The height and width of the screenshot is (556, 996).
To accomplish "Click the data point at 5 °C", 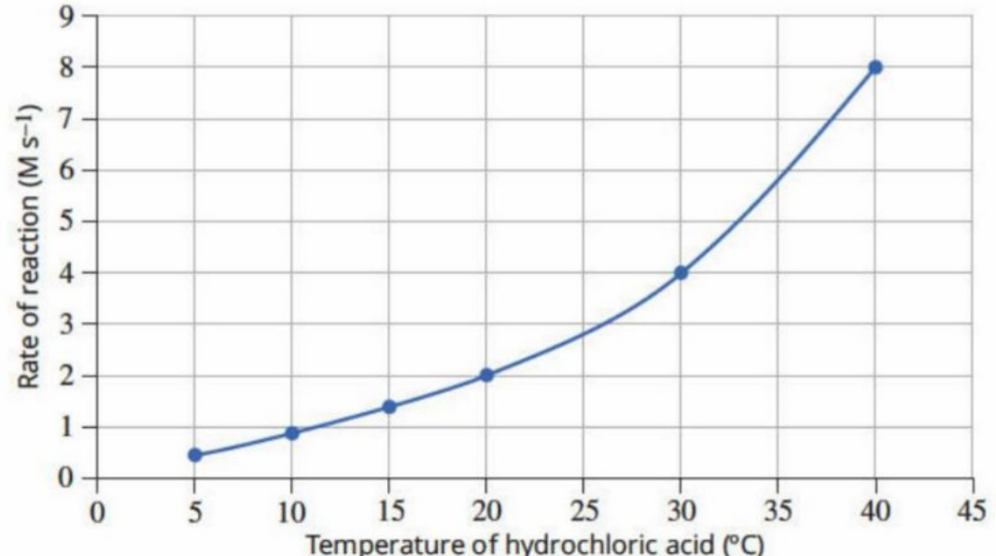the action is [195, 455].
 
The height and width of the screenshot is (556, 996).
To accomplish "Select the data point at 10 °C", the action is [292, 434].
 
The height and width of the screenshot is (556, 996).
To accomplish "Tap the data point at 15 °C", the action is [389, 406].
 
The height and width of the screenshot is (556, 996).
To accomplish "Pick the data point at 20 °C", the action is [486, 376].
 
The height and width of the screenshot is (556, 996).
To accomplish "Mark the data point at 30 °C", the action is [680, 273].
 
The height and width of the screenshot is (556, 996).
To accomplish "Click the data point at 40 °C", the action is [876, 67].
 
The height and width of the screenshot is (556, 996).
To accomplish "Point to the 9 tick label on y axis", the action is [67, 15].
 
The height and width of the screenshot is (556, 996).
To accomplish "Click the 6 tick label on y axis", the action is [67, 170].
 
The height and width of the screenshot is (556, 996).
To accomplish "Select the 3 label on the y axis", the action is [67, 324].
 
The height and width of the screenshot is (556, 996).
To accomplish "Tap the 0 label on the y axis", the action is [67, 478].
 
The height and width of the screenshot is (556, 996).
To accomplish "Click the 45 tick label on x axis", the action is [973, 511].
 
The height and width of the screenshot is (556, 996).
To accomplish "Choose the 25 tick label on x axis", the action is [583, 511].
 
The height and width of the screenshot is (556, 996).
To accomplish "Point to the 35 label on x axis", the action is [779, 511].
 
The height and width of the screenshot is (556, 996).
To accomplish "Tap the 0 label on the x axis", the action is [97, 512].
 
